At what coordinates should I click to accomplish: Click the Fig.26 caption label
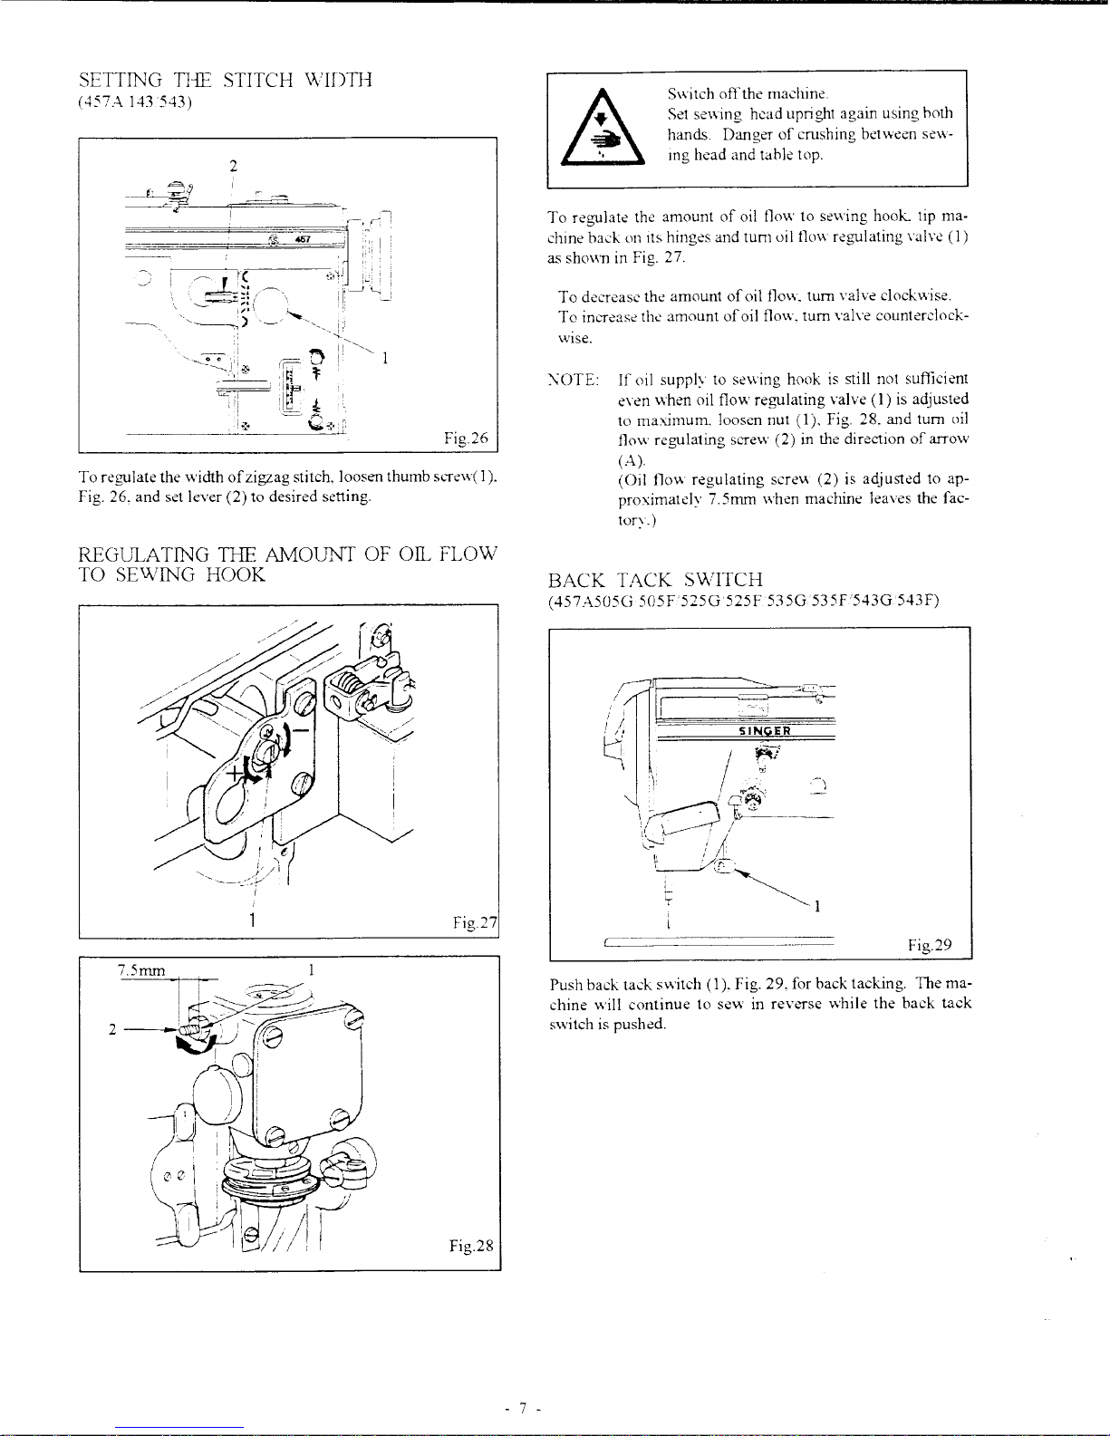pyautogui.click(x=467, y=439)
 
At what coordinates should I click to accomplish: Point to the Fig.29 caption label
pyautogui.click(x=930, y=946)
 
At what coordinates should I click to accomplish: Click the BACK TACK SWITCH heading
pyautogui.click(x=655, y=581)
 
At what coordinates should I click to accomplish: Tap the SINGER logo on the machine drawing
pyautogui.click(x=766, y=731)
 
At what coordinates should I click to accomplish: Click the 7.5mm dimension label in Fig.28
pyautogui.click(x=141, y=970)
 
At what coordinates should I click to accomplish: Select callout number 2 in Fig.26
pyautogui.click(x=233, y=166)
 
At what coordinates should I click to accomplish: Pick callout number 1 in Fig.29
pyautogui.click(x=818, y=906)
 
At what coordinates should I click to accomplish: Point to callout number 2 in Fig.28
pyautogui.click(x=111, y=1029)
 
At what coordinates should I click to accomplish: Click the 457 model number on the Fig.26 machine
pyautogui.click(x=303, y=239)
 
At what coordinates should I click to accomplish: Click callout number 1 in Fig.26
pyautogui.click(x=385, y=358)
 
